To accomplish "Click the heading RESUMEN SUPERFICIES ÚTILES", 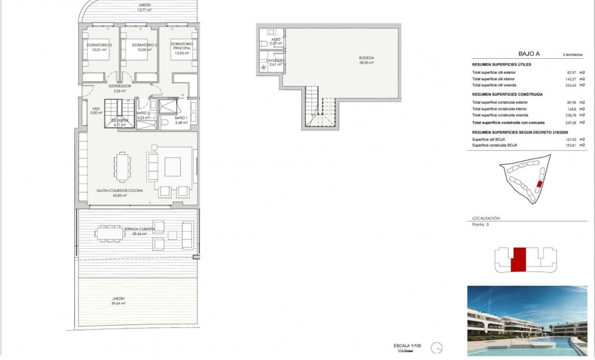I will [501, 64].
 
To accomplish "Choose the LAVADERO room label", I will [275, 62].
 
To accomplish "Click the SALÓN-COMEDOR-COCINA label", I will [112, 192].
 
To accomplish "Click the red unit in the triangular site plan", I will [539, 185].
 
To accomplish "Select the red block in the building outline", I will [520, 260].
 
